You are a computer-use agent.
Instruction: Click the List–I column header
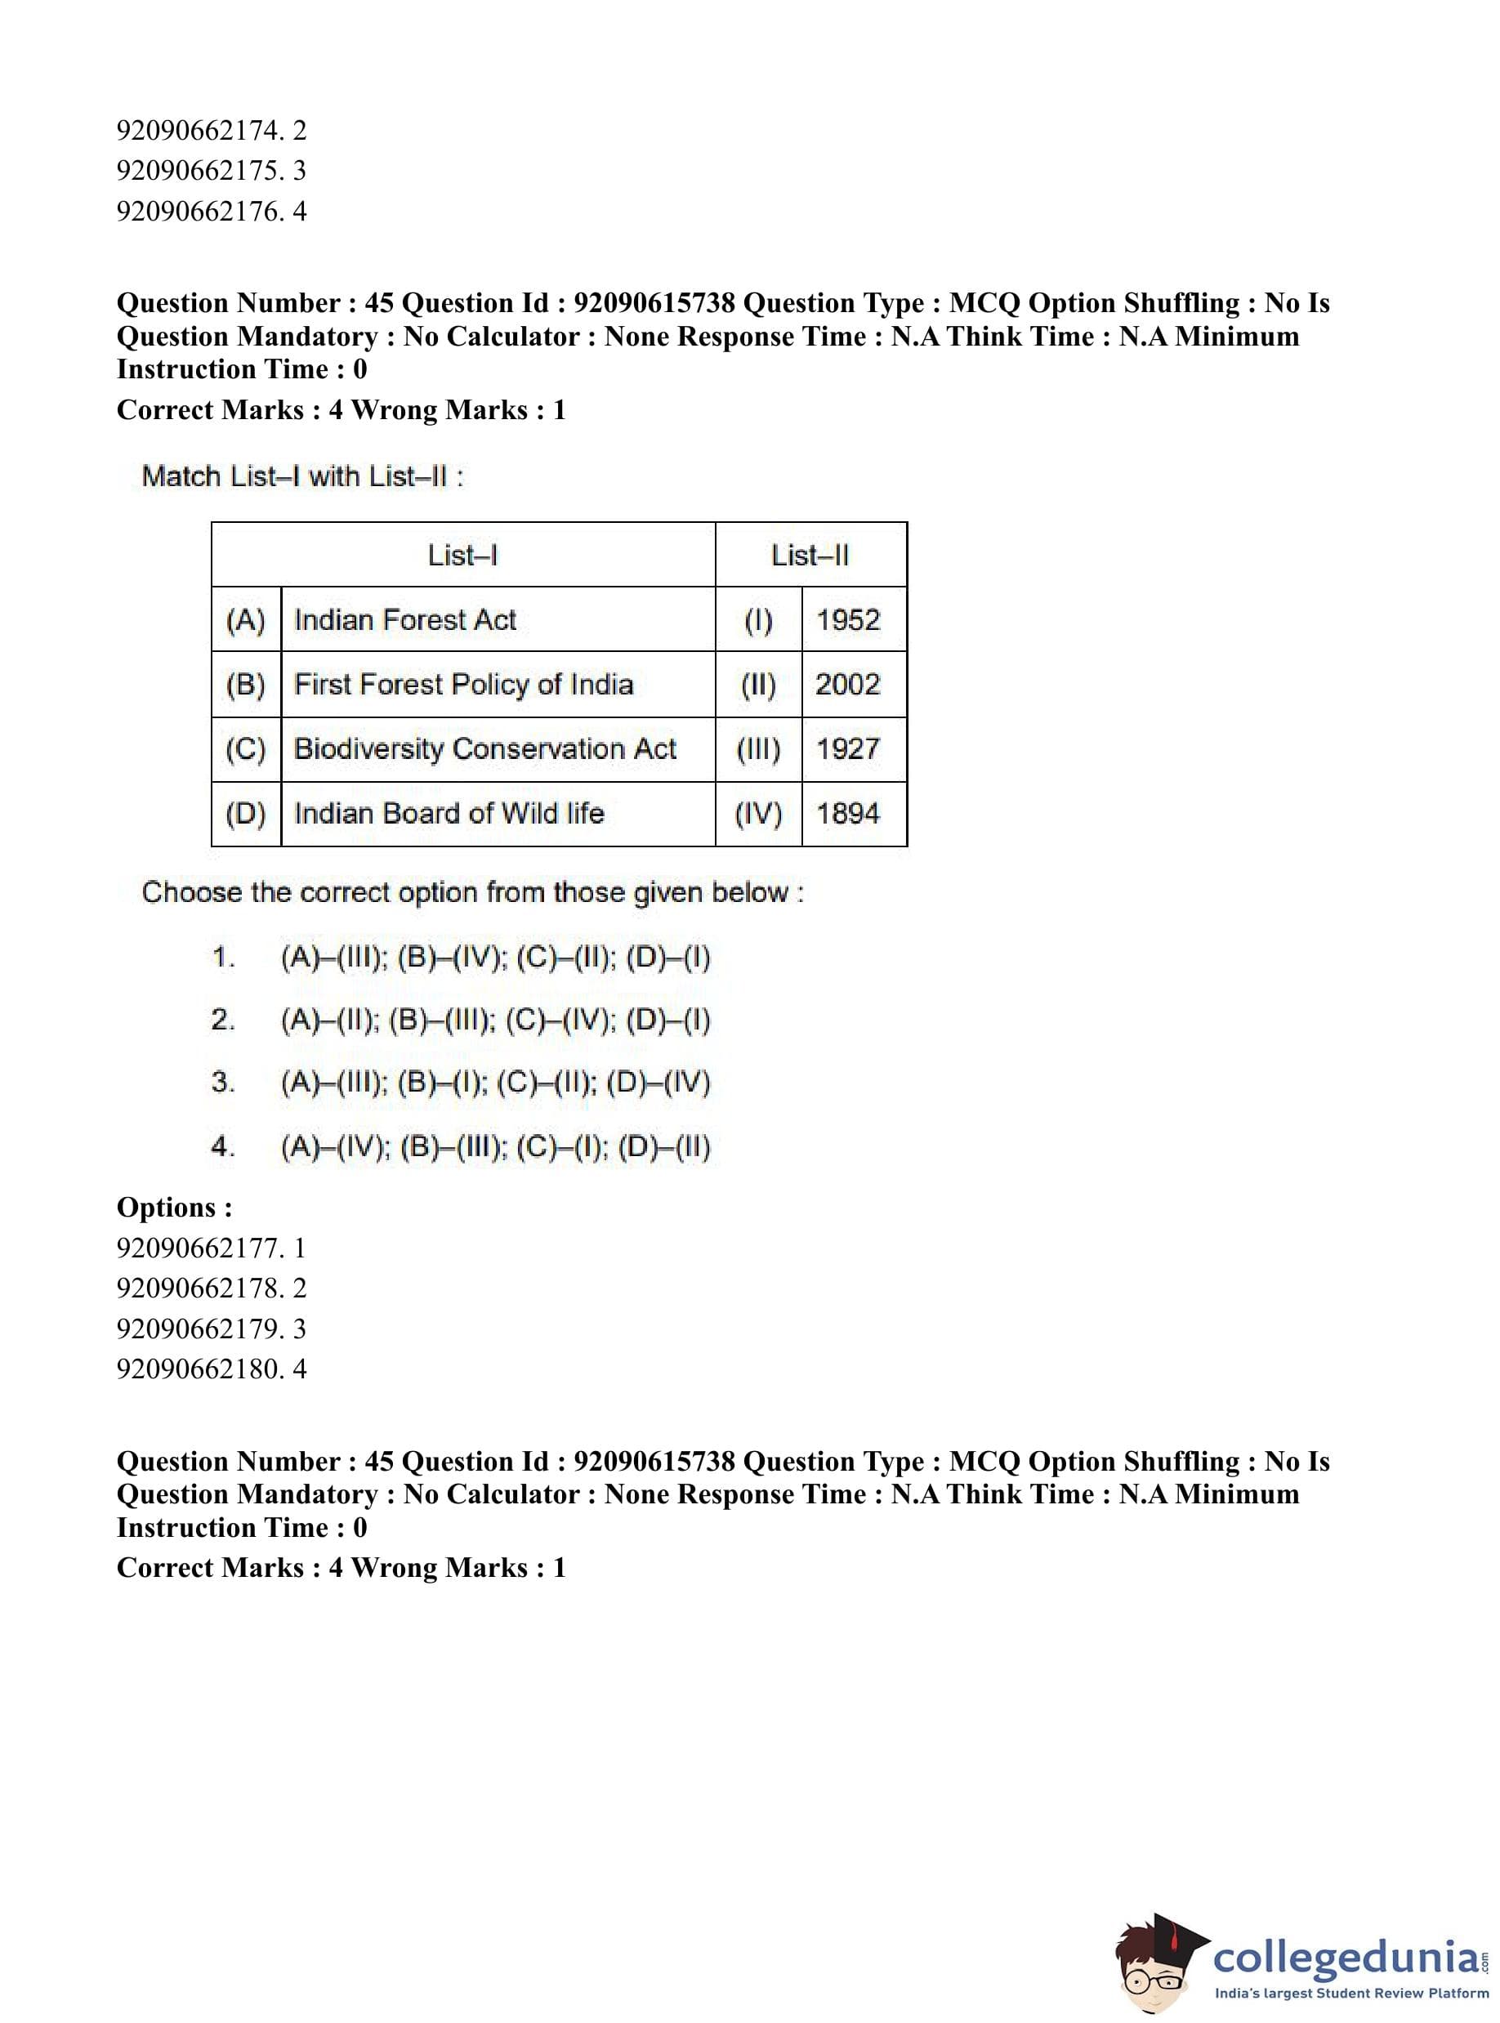pos(462,555)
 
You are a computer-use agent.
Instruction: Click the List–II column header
pos(810,555)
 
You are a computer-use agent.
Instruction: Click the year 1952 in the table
pos(848,620)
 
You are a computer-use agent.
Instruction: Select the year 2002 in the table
pos(848,685)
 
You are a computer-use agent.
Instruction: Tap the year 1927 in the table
pos(848,749)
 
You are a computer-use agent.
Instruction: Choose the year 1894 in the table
pos(848,814)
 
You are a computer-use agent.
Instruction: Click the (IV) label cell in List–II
pos(758,814)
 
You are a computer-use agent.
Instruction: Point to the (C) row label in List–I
pos(245,749)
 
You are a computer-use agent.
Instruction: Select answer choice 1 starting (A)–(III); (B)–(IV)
pos(495,957)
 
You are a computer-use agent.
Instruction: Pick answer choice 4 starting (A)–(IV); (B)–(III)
pos(495,1147)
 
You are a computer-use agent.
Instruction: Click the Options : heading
pos(174,1208)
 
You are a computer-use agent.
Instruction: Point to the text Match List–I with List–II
pos(302,476)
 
